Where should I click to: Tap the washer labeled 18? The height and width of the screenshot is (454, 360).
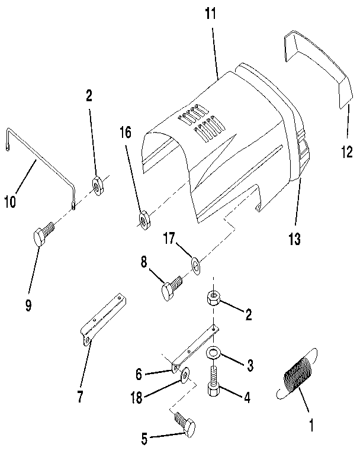click(185, 374)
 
